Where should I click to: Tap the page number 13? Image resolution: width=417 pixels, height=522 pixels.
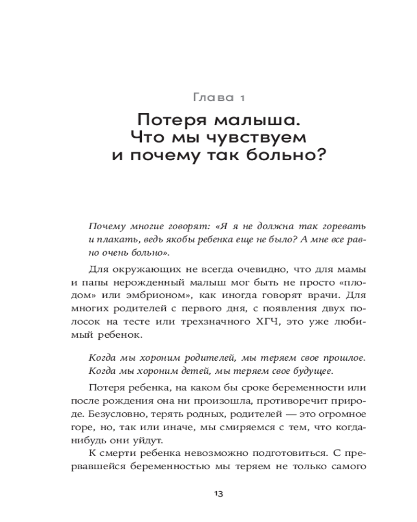pyautogui.click(x=218, y=494)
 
